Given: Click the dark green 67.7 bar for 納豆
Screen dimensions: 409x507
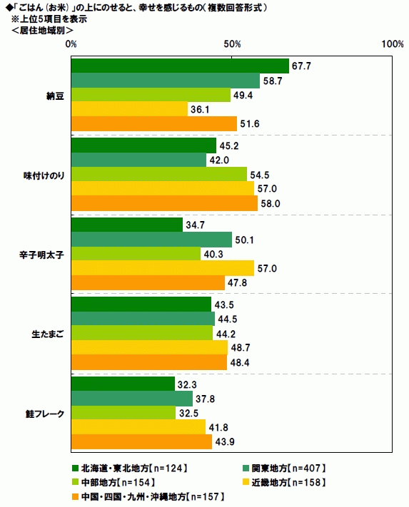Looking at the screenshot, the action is click(x=180, y=66).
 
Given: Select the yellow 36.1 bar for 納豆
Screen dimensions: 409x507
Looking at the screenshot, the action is click(x=129, y=109).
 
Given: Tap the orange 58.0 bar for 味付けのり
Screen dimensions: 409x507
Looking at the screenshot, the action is click(x=164, y=203).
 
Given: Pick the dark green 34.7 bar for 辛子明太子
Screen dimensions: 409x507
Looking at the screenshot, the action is click(x=127, y=225).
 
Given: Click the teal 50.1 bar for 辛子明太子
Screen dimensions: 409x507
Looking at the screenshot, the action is click(x=151, y=240).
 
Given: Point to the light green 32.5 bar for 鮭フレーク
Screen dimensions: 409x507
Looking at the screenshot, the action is click(x=123, y=413).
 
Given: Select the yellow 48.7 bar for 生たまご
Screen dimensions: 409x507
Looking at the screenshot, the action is click(x=149, y=347).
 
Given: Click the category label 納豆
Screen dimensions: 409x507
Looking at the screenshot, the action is click(x=56, y=96).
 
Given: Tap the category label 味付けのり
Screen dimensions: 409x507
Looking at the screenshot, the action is click(x=44, y=175).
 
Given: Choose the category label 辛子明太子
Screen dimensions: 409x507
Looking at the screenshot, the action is click(x=41, y=255).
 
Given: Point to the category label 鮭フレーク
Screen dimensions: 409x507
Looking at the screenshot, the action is click(x=45, y=414).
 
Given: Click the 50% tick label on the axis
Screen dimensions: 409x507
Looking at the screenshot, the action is click(x=232, y=44).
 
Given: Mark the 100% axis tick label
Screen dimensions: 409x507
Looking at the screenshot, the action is click(x=392, y=44).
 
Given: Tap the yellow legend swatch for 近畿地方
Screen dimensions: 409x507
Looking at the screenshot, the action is click(x=246, y=483).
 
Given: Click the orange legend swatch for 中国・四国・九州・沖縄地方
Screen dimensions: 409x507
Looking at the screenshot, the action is click(x=75, y=496).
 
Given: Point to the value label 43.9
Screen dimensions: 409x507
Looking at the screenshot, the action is click(x=225, y=441).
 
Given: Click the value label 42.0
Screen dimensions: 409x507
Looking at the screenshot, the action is click(x=219, y=160).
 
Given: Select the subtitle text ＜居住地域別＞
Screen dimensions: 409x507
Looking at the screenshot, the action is click(x=42, y=31).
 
